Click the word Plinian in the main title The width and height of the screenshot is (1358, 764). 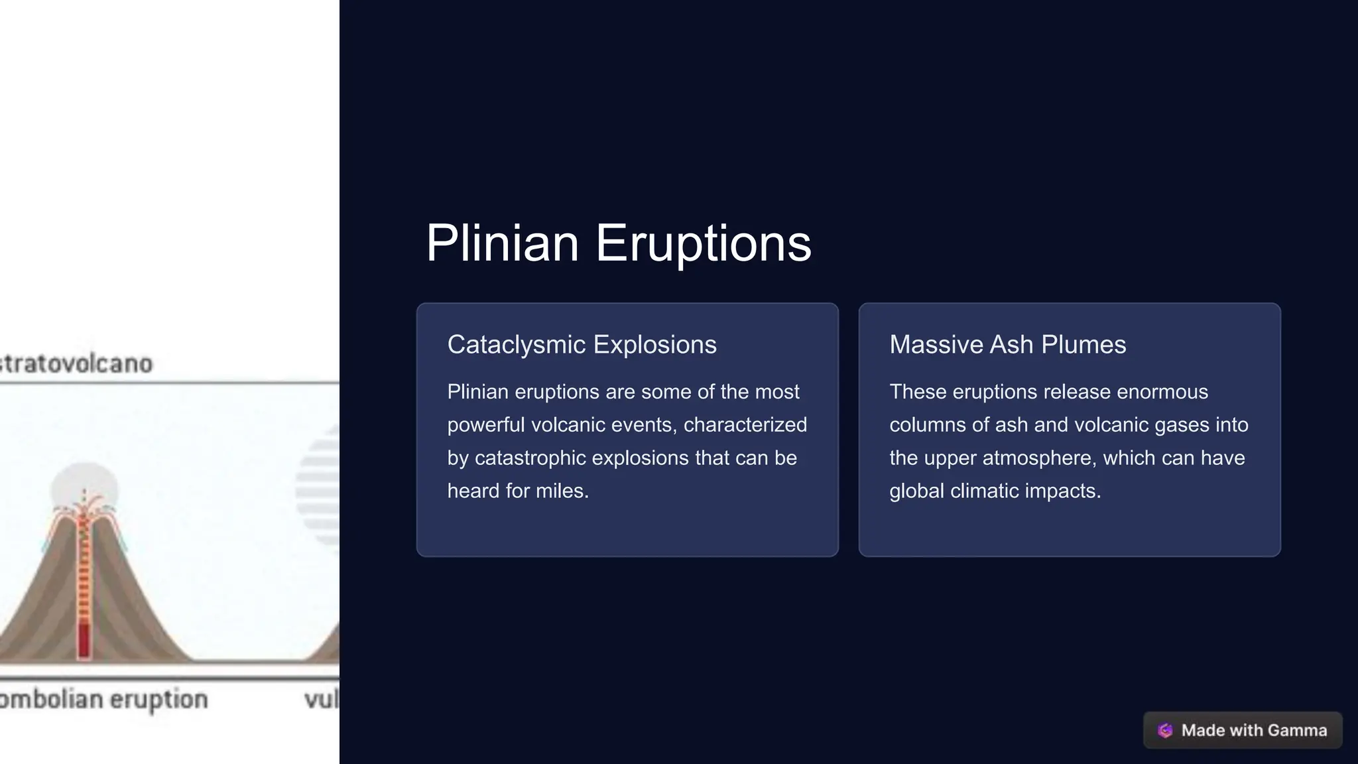pyautogui.click(x=502, y=243)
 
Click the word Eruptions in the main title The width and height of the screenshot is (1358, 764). pyautogui.click(x=703, y=243)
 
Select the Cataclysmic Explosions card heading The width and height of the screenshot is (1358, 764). pyautogui.click(x=582, y=344)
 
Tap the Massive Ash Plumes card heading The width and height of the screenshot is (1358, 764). pyautogui.click(x=1007, y=344)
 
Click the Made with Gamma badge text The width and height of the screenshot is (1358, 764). pyautogui.click(x=1254, y=730)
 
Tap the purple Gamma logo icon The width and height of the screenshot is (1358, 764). pyautogui.click(x=1165, y=730)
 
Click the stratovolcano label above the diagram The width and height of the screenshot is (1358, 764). pyautogui.click(x=76, y=363)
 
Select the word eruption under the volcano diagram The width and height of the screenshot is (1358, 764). pyautogui.click(x=158, y=699)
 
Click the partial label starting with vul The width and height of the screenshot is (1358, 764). pyautogui.click(x=322, y=699)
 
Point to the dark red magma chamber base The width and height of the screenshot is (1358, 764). pyautogui.click(x=84, y=640)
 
